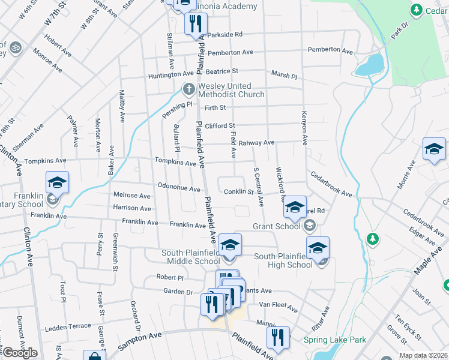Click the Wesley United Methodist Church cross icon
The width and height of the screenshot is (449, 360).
click(x=188, y=89)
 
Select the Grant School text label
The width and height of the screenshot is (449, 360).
click(x=276, y=226)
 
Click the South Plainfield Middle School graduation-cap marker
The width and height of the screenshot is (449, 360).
click(x=230, y=245)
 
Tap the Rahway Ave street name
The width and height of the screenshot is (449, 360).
click(x=256, y=143)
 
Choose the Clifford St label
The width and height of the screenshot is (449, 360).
click(x=220, y=126)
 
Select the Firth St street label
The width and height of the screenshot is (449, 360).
click(x=215, y=108)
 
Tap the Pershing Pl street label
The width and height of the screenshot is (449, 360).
click(x=180, y=103)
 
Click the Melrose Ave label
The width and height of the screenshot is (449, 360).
click(x=132, y=196)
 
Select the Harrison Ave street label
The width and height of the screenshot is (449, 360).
click(x=132, y=209)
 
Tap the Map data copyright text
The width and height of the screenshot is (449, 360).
click(x=423, y=355)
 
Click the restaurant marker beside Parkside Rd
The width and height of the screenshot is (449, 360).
click(x=196, y=25)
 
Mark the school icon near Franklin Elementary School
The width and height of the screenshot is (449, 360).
click(x=57, y=182)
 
